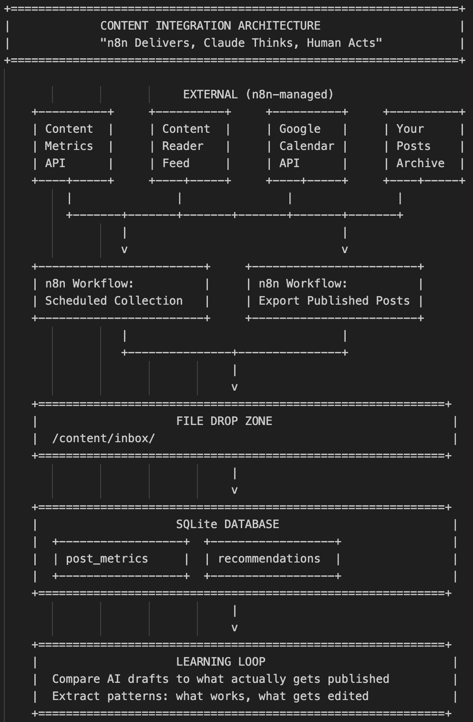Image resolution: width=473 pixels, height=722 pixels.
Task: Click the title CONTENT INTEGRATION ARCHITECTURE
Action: pyautogui.click(x=210, y=26)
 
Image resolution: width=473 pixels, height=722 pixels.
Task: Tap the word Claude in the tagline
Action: pyautogui.click(x=224, y=43)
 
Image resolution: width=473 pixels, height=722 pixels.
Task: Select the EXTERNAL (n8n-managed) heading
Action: pyautogui.click(x=258, y=95)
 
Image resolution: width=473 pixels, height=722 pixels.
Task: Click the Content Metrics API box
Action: pyautogui.click(x=72, y=146)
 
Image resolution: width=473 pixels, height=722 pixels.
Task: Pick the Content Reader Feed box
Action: pyautogui.click(x=190, y=146)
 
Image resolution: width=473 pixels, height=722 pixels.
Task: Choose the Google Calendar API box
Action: pyautogui.click(x=307, y=146)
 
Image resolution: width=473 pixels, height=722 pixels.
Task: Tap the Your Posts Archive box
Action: pyautogui.click(x=423, y=146)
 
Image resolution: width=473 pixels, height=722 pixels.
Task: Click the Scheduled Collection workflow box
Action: pyautogui.click(x=121, y=292)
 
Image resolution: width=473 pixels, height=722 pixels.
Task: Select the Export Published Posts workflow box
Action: pyautogui.click(x=334, y=292)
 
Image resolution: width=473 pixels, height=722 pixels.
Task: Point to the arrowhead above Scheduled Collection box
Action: pyautogui.click(x=124, y=250)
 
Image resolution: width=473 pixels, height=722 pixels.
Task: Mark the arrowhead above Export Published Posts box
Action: pyautogui.click(x=345, y=250)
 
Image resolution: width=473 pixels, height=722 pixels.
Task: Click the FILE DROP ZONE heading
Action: pyautogui.click(x=224, y=421)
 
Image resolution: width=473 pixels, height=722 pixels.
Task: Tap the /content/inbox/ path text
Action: pyautogui.click(x=103, y=438)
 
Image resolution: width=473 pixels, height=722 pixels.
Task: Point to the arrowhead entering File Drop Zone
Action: pyautogui.click(x=235, y=387)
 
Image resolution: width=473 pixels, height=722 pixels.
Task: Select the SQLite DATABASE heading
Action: pyautogui.click(x=227, y=524)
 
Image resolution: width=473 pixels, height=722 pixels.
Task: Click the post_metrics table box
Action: pyautogui.click(x=121, y=559)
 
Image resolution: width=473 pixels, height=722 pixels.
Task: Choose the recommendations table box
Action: pyautogui.click(x=272, y=559)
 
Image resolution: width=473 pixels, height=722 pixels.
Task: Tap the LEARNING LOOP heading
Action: pyautogui.click(x=221, y=662)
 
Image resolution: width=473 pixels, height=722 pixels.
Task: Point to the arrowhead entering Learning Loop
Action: pyautogui.click(x=235, y=628)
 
